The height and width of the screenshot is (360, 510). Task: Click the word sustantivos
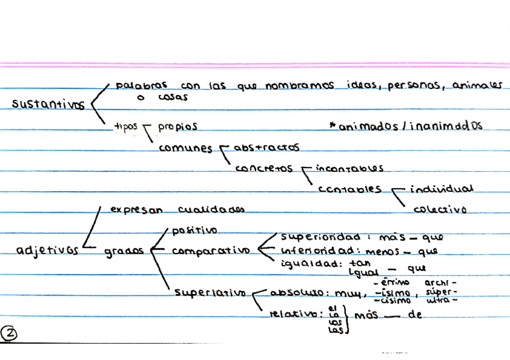(49, 104)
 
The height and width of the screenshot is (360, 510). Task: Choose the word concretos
(264, 168)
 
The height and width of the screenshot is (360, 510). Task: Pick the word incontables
(349, 168)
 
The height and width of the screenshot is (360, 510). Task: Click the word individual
(441, 189)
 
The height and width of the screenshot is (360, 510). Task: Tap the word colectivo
(440, 210)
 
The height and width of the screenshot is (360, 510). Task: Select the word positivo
(195, 230)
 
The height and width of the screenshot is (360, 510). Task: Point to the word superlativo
(210, 293)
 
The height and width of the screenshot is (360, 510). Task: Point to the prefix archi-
(441, 282)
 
